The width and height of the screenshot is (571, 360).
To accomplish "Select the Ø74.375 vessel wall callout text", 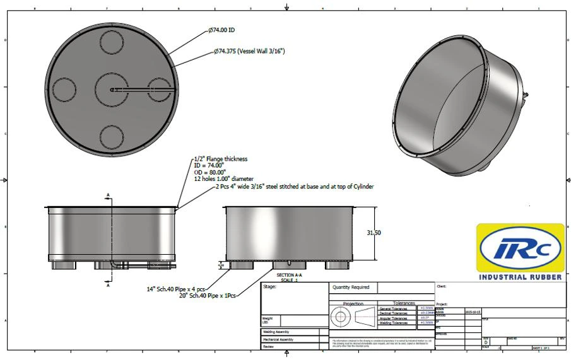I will click(249, 51).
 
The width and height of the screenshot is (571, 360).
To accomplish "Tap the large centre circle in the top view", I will click(112, 90).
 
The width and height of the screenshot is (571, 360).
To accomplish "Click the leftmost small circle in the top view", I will click(64, 90).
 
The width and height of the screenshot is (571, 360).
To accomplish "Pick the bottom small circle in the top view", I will click(112, 136).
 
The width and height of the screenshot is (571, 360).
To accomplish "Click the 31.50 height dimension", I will click(374, 233).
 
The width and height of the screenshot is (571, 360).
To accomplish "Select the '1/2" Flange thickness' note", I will click(221, 159).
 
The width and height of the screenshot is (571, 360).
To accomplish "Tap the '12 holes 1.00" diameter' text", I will click(223, 179).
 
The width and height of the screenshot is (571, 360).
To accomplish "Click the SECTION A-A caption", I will click(290, 276).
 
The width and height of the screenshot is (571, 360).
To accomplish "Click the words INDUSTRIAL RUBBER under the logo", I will click(520, 277).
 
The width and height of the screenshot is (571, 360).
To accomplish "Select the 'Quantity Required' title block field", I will click(351, 287).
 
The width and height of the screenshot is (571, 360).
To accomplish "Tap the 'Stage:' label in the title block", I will click(270, 287).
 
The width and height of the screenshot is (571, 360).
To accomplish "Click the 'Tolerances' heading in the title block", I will click(404, 303).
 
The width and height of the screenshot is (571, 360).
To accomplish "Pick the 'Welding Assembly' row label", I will click(278, 332).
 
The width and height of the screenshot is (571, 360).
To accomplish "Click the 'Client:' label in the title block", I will click(442, 286).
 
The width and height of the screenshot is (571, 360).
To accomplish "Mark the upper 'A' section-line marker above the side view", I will click(108, 194).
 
